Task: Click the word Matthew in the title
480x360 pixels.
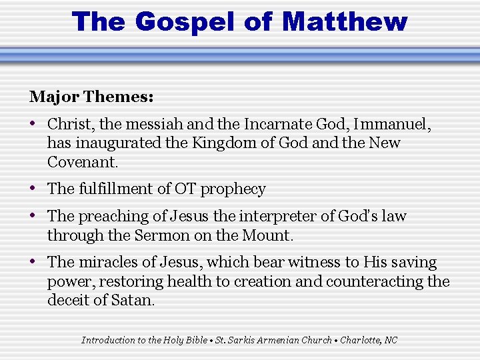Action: [x=344, y=21]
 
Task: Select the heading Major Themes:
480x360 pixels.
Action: [x=91, y=97]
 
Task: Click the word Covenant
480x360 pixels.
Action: [x=82, y=162]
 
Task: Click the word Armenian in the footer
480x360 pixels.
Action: [x=279, y=340]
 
